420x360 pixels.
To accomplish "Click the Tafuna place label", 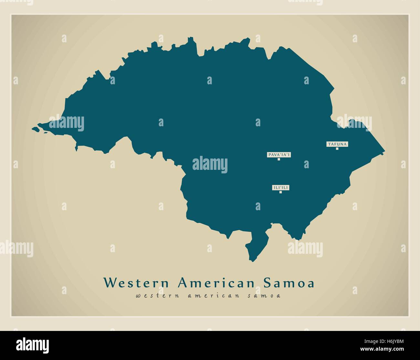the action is [337, 144].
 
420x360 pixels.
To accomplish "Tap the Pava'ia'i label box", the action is [279, 155].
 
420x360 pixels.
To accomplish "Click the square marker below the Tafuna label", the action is [337, 149].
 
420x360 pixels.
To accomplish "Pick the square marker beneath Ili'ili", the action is [280, 192].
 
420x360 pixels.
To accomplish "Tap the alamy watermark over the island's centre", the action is [210, 165].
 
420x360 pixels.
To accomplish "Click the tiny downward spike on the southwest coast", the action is [77, 149].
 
